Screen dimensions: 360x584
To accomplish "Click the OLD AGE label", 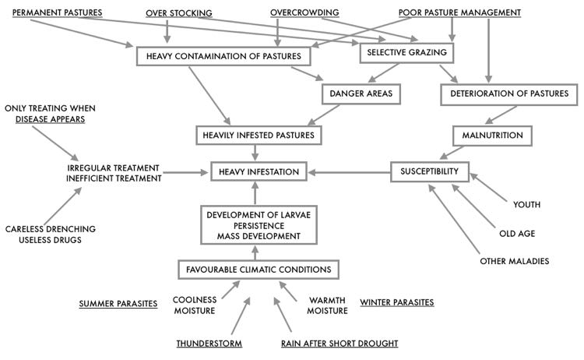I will coord(518,233).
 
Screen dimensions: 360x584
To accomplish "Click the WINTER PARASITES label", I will coord(396,302).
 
